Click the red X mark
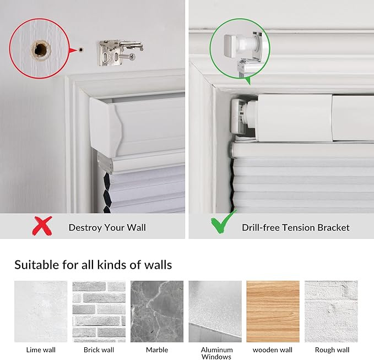tap(42, 225)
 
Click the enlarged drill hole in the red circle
tap(40, 48)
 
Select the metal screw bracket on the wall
tap(118, 52)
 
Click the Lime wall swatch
tap(41, 311)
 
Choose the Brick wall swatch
tap(99, 311)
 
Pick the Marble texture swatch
tap(157, 311)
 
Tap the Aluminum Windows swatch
tap(215, 311)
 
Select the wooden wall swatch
tap(273, 311)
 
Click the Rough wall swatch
tap(331, 311)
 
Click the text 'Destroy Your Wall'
tap(107, 227)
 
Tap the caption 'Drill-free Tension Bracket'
tap(295, 227)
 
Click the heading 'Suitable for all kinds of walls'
tap(93, 265)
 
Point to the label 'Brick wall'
tap(99, 350)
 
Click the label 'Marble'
tap(157, 350)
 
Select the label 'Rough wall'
tap(332, 350)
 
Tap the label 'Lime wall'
tap(41, 350)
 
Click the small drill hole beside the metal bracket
tap(81, 49)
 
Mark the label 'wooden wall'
tap(273, 350)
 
